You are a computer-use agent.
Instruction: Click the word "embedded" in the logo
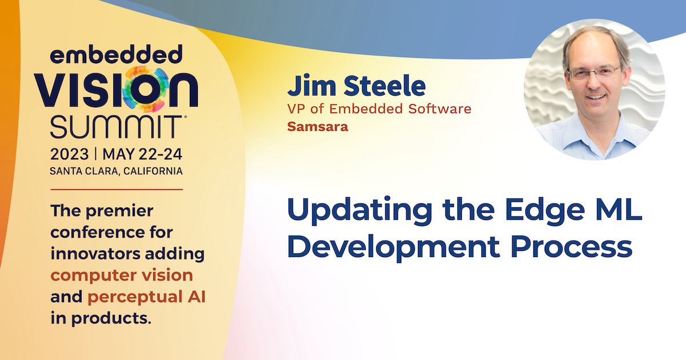pos(116,54)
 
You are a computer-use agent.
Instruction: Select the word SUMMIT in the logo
pos(117,127)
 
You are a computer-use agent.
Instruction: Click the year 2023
pos(69,154)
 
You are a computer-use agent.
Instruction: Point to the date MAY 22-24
pos(142,154)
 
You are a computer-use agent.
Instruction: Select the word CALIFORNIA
pos(153,171)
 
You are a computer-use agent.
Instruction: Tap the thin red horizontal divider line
pos(117,190)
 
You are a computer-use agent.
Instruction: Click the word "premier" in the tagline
pos(119,211)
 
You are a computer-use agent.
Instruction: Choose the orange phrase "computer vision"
pos(122,275)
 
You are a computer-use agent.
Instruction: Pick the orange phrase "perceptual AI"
pos(147,297)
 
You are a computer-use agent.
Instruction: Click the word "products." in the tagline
pos(111,319)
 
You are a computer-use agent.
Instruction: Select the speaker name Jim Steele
pos(357,86)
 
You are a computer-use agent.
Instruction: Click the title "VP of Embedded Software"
pos(379,109)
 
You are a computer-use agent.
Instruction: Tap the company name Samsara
pos(318,127)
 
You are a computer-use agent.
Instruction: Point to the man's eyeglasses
pos(593,73)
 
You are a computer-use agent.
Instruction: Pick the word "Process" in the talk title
pos(572,247)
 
